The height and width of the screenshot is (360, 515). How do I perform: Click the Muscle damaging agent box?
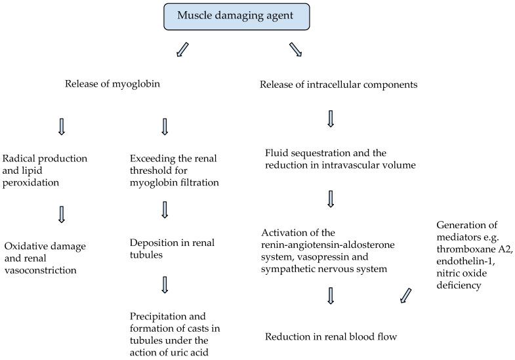[x=236, y=16]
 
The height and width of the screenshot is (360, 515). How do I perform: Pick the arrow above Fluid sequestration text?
[x=331, y=119]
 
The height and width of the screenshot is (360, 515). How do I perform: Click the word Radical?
[x=20, y=158]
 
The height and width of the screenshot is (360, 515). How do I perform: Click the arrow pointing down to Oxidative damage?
[x=62, y=214]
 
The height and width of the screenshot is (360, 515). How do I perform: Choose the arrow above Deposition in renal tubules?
[x=165, y=209]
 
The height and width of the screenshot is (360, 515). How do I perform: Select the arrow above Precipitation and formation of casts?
[x=165, y=284]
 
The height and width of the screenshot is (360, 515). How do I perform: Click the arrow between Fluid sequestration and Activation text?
[x=331, y=199]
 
